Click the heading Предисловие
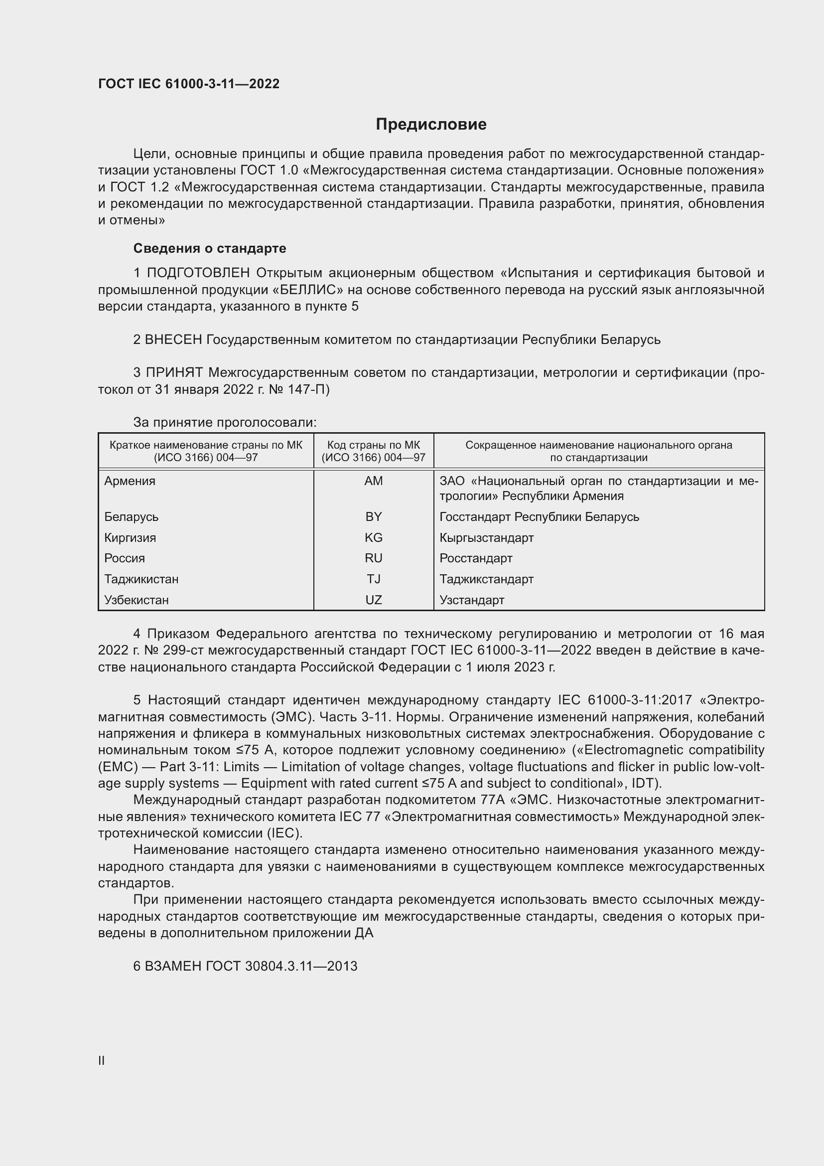pyautogui.click(x=431, y=125)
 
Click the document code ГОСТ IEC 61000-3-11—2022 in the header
pyautogui.click(x=189, y=84)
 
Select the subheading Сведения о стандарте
pyautogui.click(x=210, y=248)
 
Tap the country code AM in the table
pyautogui.click(x=374, y=481)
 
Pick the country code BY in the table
pyautogui.click(x=374, y=517)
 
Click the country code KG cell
pyautogui.click(x=374, y=538)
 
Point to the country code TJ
pyautogui.click(x=374, y=579)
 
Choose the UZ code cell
pyautogui.click(x=374, y=600)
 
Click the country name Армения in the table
pyautogui.click(x=130, y=481)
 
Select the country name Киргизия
pyautogui.click(x=131, y=538)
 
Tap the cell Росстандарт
pyautogui.click(x=476, y=559)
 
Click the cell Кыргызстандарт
pyautogui.click(x=487, y=538)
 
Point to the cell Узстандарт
pyautogui.click(x=472, y=600)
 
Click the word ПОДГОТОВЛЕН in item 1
pyautogui.click(x=198, y=273)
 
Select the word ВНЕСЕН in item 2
pyautogui.click(x=173, y=340)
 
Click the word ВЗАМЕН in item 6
pyautogui.click(x=173, y=967)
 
